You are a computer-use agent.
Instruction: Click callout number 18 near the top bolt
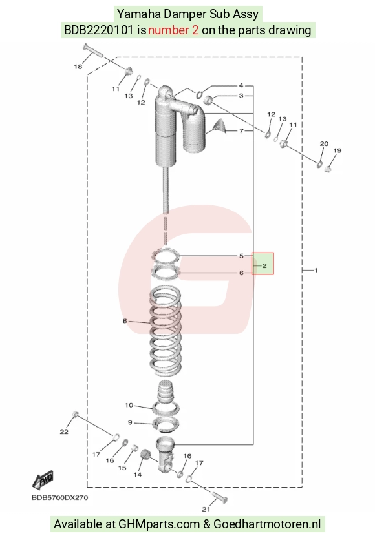(x=78, y=67)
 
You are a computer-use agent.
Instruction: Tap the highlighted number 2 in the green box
(x=264, y=265)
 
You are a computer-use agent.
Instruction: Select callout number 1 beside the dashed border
(x=316, y=271)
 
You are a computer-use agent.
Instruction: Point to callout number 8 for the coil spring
(x=125, y=321)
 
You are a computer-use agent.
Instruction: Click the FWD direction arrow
(x=43, y=479)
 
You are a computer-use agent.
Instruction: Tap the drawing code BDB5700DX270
(x=59, y=497)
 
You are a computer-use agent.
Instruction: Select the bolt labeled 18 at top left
(x=92, y=51)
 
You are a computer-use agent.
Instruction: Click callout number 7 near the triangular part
(x=241, y=130)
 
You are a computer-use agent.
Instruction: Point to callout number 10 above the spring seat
(x=129, y=405)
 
